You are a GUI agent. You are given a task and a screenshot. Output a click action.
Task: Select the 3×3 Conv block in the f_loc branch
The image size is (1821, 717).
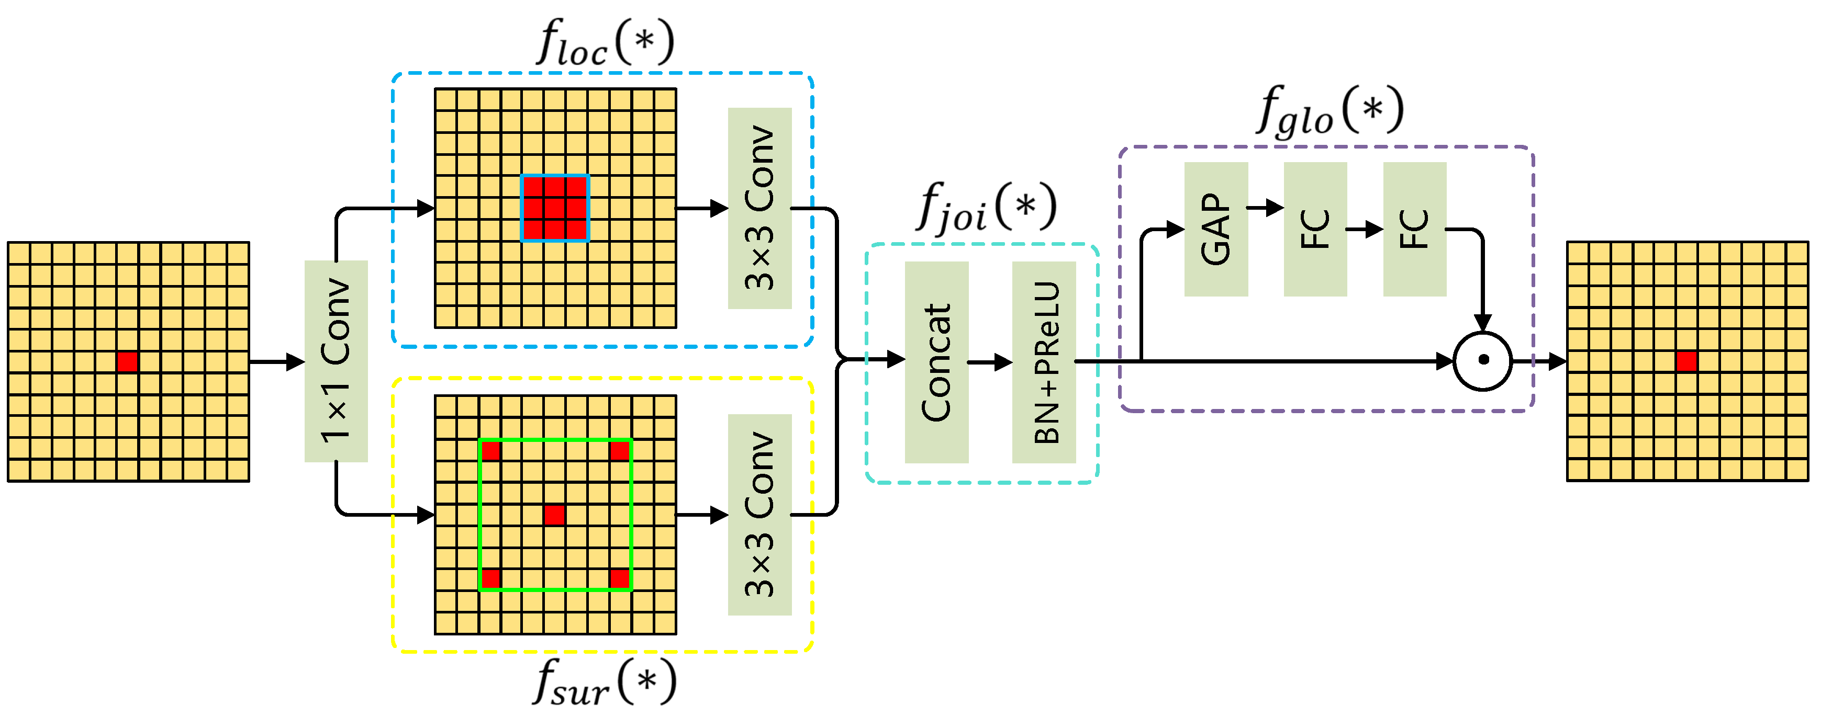(x=759, y=208)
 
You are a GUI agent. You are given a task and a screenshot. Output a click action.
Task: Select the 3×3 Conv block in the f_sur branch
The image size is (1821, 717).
(x=759, y=514)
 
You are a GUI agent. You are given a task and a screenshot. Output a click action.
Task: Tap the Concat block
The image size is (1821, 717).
(x=936, y=362)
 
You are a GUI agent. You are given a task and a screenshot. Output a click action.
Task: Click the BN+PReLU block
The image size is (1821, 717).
(x=1043, y=362)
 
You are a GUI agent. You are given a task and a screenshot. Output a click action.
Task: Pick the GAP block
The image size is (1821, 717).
(x=1215, y=229)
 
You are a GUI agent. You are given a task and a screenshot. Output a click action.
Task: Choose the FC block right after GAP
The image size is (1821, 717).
(x=1315, y=229)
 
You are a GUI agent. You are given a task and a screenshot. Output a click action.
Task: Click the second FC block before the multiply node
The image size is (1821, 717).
(x=1414, y=229)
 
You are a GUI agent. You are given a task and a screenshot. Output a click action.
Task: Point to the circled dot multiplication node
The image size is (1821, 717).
(x=1482, y=360)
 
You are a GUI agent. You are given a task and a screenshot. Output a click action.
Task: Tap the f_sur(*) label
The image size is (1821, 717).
(x=605, y=681)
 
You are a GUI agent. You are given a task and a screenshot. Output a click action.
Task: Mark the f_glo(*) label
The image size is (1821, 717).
(x=1329, y=109)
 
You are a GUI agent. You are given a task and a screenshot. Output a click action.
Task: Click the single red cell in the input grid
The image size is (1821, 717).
(x=127, y=362)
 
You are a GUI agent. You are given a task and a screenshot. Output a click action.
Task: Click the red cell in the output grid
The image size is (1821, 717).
(x=1686, y=361)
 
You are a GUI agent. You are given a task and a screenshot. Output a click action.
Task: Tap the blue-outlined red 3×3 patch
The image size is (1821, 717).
(x=555, y=208)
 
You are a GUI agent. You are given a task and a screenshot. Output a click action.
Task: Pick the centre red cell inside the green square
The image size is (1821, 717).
(x=554, y=515)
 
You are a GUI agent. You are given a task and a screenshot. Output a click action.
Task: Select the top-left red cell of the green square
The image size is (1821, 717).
(x=490, y=450)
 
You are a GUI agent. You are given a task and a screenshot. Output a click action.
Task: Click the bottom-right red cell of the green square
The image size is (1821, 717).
(x=619, y=578)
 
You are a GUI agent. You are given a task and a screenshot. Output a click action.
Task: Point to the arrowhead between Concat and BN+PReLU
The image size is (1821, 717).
(x=1004, y=362)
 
